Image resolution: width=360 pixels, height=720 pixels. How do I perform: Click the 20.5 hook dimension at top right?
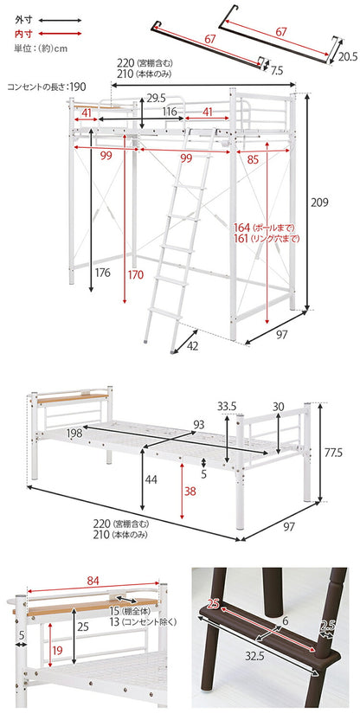pyautogui.click(x=349, y=56)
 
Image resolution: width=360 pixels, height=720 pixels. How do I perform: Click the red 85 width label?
pyautogui.click(x=252, y=158)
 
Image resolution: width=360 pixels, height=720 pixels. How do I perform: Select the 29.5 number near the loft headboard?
pyautogui.click(x=157, y=99)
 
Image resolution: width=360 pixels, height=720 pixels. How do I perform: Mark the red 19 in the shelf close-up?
pyautogui.click(x=57, y=651)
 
